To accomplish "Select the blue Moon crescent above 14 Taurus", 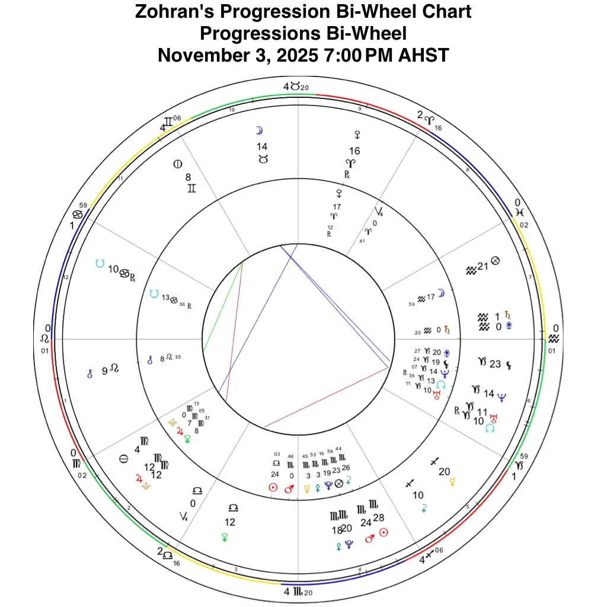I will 258,130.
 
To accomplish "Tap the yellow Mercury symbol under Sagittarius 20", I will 453,481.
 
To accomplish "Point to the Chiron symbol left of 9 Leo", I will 90,372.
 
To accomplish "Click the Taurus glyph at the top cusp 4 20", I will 295,87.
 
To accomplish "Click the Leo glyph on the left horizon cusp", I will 44,338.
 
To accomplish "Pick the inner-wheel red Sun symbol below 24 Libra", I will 273,487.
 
